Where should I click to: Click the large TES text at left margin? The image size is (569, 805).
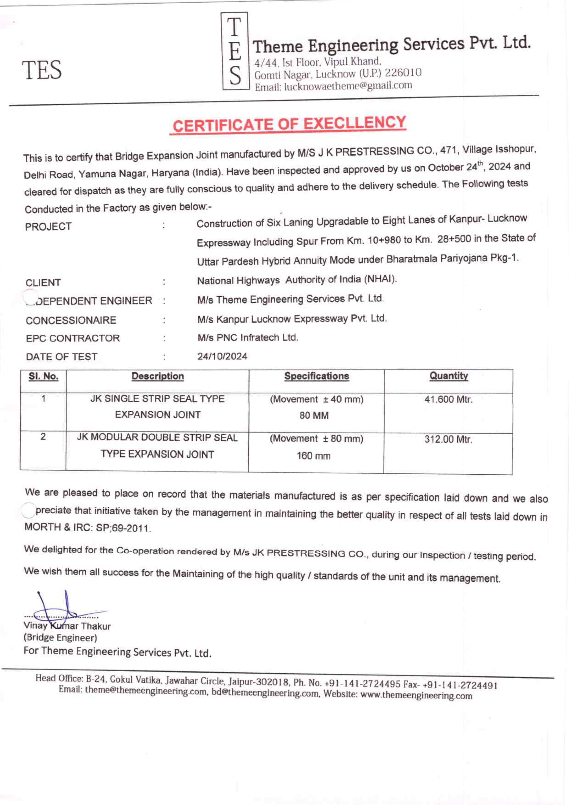(x=42, y=70)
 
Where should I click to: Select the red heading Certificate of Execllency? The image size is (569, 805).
(x=289, y=124)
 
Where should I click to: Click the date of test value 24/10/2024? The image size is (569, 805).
(x=222, y=356)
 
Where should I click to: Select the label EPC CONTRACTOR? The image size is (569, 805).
(x=73, y=338)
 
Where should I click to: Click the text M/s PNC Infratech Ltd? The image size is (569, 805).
(x=248, y=337)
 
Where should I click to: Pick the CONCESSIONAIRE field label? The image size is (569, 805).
(x=71, y=320)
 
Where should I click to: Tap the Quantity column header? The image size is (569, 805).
(x=449, y=376)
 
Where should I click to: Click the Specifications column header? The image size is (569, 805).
(x=316, y=376)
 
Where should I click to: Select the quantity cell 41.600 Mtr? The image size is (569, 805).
(x=448, y=399)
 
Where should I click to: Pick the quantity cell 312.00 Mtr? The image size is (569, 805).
(x=448, y=439)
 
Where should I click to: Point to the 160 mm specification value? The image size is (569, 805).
(x=314, y=456)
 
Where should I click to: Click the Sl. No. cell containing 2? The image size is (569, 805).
(x=43, y=437)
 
